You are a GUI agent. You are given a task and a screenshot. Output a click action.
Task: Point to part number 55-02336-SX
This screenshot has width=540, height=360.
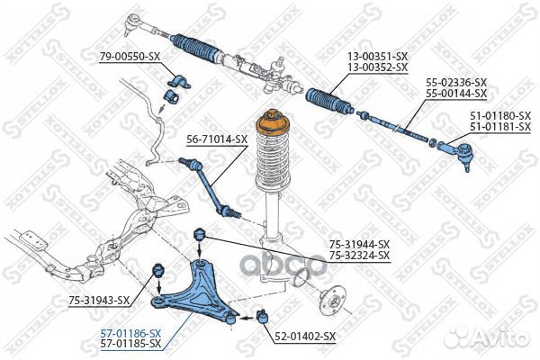456,82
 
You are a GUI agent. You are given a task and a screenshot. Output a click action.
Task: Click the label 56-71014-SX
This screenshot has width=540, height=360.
217,139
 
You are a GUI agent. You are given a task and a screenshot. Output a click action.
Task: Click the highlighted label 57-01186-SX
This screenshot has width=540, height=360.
130,332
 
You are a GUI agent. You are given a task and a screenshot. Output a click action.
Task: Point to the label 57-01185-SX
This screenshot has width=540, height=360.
130,343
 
